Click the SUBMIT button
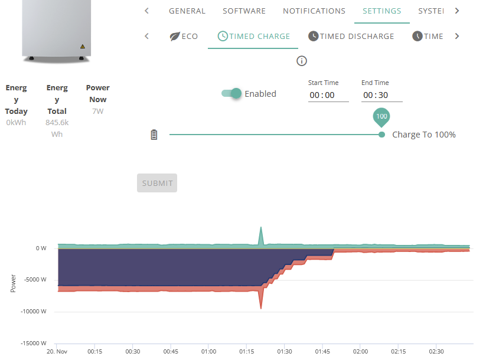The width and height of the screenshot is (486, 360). (x=157, y=183)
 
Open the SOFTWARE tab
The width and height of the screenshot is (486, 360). (x=244, y=11)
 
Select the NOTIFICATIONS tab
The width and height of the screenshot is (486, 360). (x=314, y=11)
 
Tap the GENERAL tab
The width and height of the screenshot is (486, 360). (x=187, y=11)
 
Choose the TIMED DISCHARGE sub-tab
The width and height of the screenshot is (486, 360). (x=351, y=36)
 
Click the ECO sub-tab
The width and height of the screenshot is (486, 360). (x=184, y=36)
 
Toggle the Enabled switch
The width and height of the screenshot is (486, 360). (x=231, y=93)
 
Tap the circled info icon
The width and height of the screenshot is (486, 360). (x=302, y=61)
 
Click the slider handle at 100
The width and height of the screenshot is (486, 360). (x=382, y=135)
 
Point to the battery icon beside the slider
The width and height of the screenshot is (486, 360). (x=154, y=135)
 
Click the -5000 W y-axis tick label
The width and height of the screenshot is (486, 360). (x=35, y=280)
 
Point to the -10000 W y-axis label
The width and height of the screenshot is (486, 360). (x=34, y=312)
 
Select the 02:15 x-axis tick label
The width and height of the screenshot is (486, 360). (x=398, y=352)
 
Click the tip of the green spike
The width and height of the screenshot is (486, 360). (x=261, y=227)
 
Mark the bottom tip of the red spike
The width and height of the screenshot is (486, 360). (x=261, y=309)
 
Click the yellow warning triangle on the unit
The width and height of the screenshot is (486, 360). (x=83, y=47)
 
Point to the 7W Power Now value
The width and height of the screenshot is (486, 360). (x=98, y=111)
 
